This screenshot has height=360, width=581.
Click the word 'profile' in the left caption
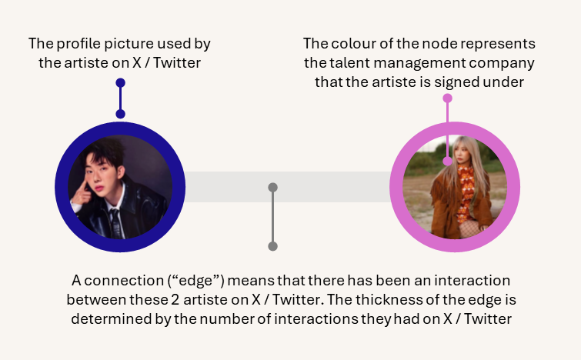coord(78,44)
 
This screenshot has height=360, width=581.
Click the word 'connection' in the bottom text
coord(124,281)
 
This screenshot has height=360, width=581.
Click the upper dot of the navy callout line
coord(120,82)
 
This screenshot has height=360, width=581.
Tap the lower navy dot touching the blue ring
coord(120,114)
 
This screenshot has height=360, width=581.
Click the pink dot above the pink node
coord(448,98)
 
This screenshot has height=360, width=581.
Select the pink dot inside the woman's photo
coord(448,161)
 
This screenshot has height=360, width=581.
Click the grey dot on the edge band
coord(272,188)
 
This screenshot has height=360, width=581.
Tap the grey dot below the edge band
coord(272,246)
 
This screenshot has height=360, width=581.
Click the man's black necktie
coord(115,222)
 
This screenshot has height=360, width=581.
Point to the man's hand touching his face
coord(82,192)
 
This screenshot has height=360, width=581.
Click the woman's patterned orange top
coord(465,192)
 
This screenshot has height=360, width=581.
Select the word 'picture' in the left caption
coord(129,44)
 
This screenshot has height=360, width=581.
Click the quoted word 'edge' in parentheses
coord(196,281)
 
